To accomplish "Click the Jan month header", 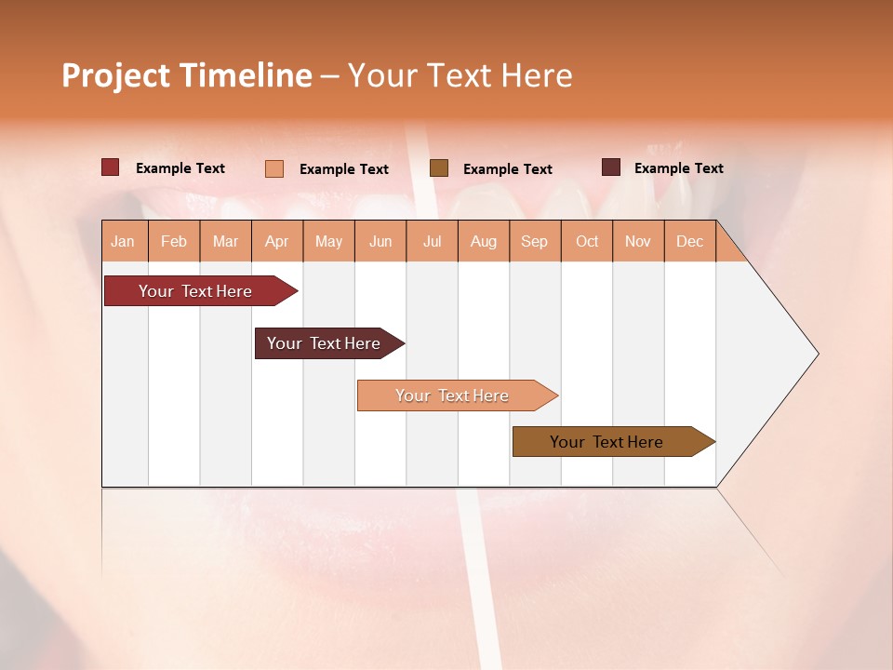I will pyautogui.click(x=123, y=241).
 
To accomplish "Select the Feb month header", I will pyautogui.click(x=174, y=241).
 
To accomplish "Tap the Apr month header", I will pyautogui.click(x=276, y=241).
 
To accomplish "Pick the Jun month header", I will pyautogui.click(x=380, y=241).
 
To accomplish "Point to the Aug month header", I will pyautogui.click(x=483, y=241).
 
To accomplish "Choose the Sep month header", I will pyautogui.click(x=534, y=241).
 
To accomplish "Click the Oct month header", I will pyautogui.click(x=587, y=241).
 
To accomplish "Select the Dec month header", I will pyautogui.click(x=689, y=241).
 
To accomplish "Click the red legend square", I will pyautogui.click(x=111, y=167).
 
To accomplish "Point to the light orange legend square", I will pyautogui.click(x=274, y=168).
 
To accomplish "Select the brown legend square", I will pyautogui.click(x=439, y=167).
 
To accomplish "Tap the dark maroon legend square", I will pyautogui.click(x=611, y=167).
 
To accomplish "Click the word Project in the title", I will pyautogui.click(x=116, y=75).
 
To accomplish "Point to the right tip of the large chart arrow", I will pyautogui.click(x=817, y=354).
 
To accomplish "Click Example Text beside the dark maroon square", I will pyautogui.click(x=678, y=168).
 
